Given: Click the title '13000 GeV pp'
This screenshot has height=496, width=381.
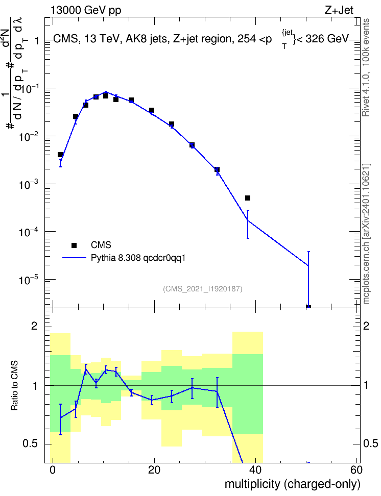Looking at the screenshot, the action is [86, 10].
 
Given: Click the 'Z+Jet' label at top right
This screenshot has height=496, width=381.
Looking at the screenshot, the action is [339, 10].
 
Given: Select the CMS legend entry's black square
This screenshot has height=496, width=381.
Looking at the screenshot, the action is [74, 245].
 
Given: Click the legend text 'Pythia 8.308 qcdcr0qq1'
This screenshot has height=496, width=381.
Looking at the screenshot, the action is [138, 258].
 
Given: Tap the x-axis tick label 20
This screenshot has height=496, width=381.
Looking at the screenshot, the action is [154, 470].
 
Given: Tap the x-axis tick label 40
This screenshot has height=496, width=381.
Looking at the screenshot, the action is [255, 470].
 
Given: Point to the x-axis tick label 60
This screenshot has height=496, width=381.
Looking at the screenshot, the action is [356, 470].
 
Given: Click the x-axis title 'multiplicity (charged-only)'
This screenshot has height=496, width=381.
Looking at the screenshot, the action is [293, 484].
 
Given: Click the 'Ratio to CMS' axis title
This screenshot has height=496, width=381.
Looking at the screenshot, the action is [14, 386].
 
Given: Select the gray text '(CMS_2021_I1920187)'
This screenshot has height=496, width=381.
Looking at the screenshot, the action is [203, 289].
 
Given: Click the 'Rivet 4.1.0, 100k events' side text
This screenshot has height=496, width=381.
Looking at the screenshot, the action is [366, 67].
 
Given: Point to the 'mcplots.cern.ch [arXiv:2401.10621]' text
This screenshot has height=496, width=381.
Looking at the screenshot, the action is [366, 234].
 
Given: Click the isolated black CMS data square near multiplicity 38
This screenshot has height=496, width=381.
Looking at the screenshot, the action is [248, 198].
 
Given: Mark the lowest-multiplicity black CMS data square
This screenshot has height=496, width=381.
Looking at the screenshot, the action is [60, 155].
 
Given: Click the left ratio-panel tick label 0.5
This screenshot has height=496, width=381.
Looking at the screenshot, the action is [30, 444].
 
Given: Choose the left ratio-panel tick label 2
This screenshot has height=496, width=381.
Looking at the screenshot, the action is [34, 326].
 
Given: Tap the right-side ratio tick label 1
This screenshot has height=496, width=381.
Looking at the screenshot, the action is [366, 386].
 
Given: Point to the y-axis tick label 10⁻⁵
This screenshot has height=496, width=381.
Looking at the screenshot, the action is [29, 280].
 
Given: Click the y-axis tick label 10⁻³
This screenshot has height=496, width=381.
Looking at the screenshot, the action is [29, 184].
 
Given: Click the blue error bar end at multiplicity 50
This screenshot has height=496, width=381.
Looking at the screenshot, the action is [308, 252].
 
